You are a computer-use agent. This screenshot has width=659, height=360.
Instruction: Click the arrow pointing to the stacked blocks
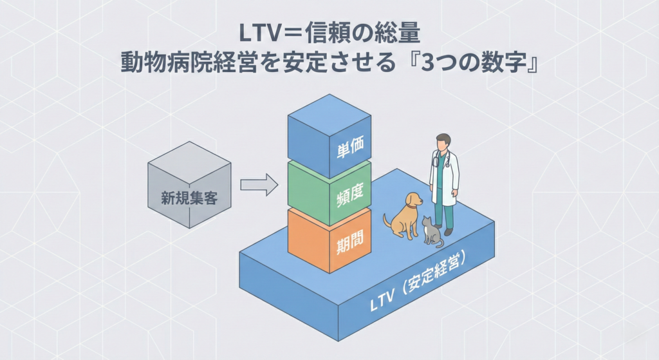click(x=259, y=185)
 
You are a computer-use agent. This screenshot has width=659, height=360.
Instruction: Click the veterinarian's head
click(x=443, y=142)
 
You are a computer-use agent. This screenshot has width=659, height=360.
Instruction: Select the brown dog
click(x=404, y=216)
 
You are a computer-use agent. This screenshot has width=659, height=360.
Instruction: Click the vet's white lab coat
click(x=445, y=177)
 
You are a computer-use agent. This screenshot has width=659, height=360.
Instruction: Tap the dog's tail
click(x=386, y=221)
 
